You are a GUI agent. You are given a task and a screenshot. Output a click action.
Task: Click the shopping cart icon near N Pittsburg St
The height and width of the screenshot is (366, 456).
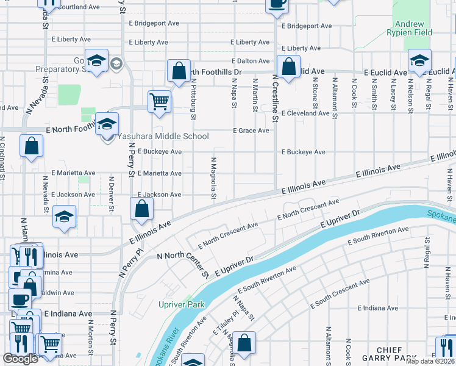(159, 101)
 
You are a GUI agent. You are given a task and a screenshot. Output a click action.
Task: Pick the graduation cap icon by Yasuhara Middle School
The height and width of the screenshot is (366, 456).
(107, 124)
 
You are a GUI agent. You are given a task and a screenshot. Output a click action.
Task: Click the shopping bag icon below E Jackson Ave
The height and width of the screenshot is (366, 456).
(141, 209)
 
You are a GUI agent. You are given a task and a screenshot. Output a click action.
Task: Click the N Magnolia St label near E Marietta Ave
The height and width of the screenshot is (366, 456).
(214, 179)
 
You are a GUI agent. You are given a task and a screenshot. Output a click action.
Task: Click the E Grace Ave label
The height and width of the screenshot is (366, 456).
(251, 131)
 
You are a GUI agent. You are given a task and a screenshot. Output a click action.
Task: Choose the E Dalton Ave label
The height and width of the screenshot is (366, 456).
(250, 61)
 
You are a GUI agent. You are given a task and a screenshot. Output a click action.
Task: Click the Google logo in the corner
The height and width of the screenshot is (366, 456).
(20, 359)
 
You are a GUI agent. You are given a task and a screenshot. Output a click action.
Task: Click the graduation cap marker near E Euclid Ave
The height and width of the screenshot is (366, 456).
(419, 60)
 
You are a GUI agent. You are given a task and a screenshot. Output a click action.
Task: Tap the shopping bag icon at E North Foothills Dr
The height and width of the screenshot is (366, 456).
(179, 71)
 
